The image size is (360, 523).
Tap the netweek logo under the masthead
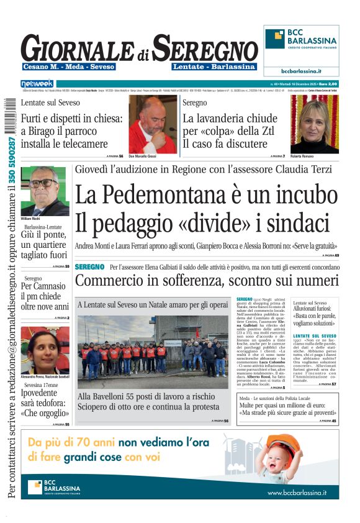38,83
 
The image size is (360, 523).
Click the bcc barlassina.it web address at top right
301,71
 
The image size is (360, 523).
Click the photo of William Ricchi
44,191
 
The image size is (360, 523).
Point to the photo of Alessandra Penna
44,350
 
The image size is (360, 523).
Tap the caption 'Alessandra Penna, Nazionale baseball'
44,378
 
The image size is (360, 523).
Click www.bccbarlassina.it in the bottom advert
297,493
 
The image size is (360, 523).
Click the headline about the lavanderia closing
230,131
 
